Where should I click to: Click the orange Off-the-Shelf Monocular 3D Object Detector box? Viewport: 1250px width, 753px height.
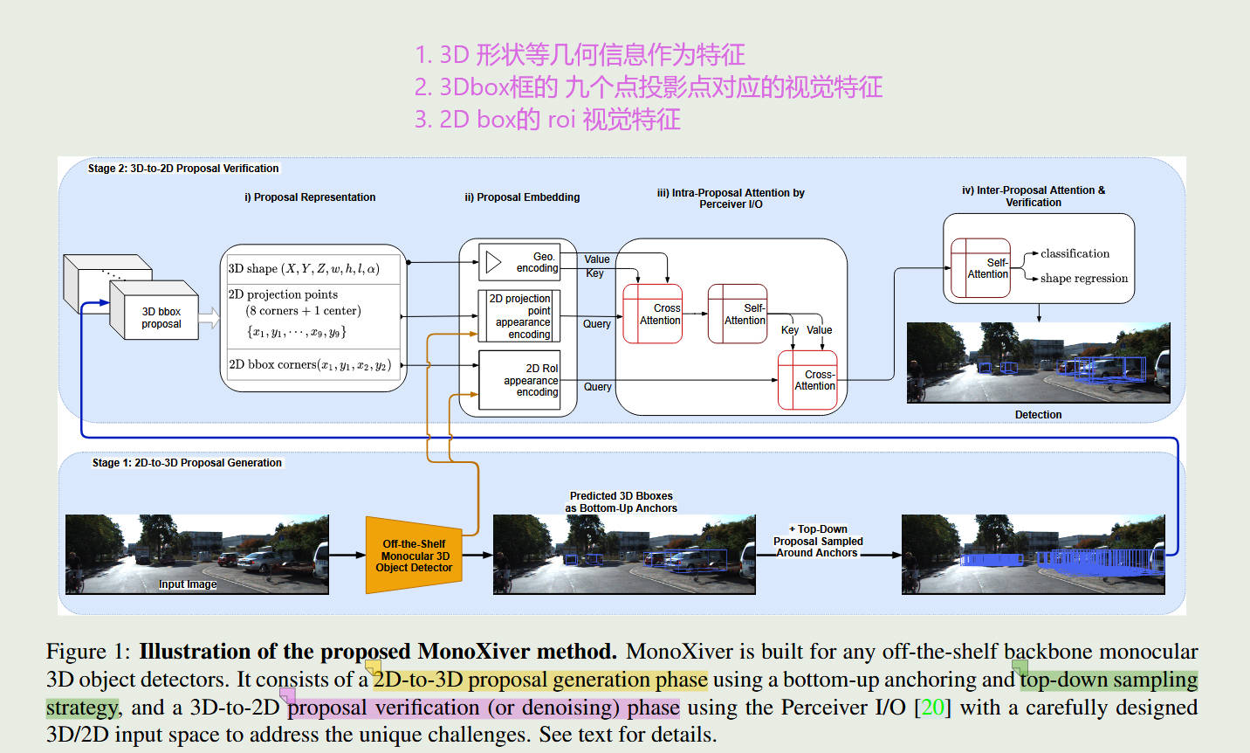pos(414,556)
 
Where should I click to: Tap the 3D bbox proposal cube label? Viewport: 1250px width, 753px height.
pos(161,318)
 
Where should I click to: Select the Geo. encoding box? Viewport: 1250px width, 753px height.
pos(520,262)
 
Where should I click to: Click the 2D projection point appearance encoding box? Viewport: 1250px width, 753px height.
pos(520,316)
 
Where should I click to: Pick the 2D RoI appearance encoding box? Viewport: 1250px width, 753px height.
pos(520,380)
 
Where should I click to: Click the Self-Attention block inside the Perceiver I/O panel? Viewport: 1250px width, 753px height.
pos(738,314)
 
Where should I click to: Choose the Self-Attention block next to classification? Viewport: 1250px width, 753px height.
pos(980,268)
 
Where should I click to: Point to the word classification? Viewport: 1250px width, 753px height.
pos(1075,253)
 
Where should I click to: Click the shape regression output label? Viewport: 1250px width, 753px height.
pos(1083,279)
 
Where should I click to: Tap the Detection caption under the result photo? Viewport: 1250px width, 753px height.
pos(1038,415)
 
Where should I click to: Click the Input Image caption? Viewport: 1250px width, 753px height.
pos(188,584)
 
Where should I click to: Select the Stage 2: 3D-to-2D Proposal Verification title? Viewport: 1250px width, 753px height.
pos(183,169)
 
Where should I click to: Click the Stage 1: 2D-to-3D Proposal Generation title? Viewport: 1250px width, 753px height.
pos(187,463)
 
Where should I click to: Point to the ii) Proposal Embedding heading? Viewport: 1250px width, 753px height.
pos(522,197)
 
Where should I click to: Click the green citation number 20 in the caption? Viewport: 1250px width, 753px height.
pos(932,708)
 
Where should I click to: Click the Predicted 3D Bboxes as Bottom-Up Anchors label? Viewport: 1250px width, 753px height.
pos(621,502)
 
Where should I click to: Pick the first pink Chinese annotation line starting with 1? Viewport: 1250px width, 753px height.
pos(580,55)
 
